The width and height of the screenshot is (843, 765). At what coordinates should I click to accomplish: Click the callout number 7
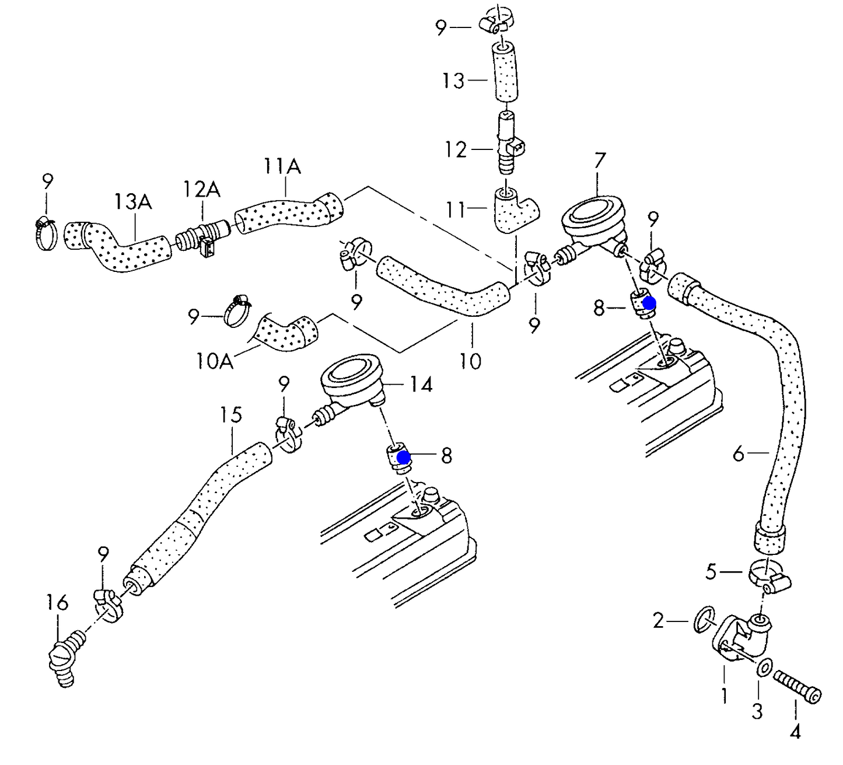pyautogui.click(x=599, y=160)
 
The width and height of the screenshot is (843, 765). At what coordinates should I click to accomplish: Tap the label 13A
pyautogui.click(x=132, y=202)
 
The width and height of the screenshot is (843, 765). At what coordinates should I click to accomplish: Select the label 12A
pyautogui.click(x=202, y=189)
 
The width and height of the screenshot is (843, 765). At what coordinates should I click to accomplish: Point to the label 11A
pyautogui.click(x=282, y=167)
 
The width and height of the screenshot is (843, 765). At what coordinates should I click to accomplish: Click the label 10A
pyautogui.click(x=215, y=361)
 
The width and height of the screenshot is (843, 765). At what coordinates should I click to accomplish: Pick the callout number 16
pyautogui.click(x=57, y=602)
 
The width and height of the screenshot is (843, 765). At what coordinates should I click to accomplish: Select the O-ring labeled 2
pyautogui.click(x=705, y=620)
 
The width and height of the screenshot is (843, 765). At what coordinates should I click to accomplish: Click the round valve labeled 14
pyautogui.click(x=350, y=382)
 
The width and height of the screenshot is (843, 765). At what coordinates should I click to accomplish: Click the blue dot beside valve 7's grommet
pyautogui.click(x=649, y=303)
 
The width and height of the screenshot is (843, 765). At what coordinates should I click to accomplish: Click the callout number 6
pyautogui.click(x=739, y=453)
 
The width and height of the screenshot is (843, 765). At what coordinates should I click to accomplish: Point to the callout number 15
pyautogui.click(x=231, y=415)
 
